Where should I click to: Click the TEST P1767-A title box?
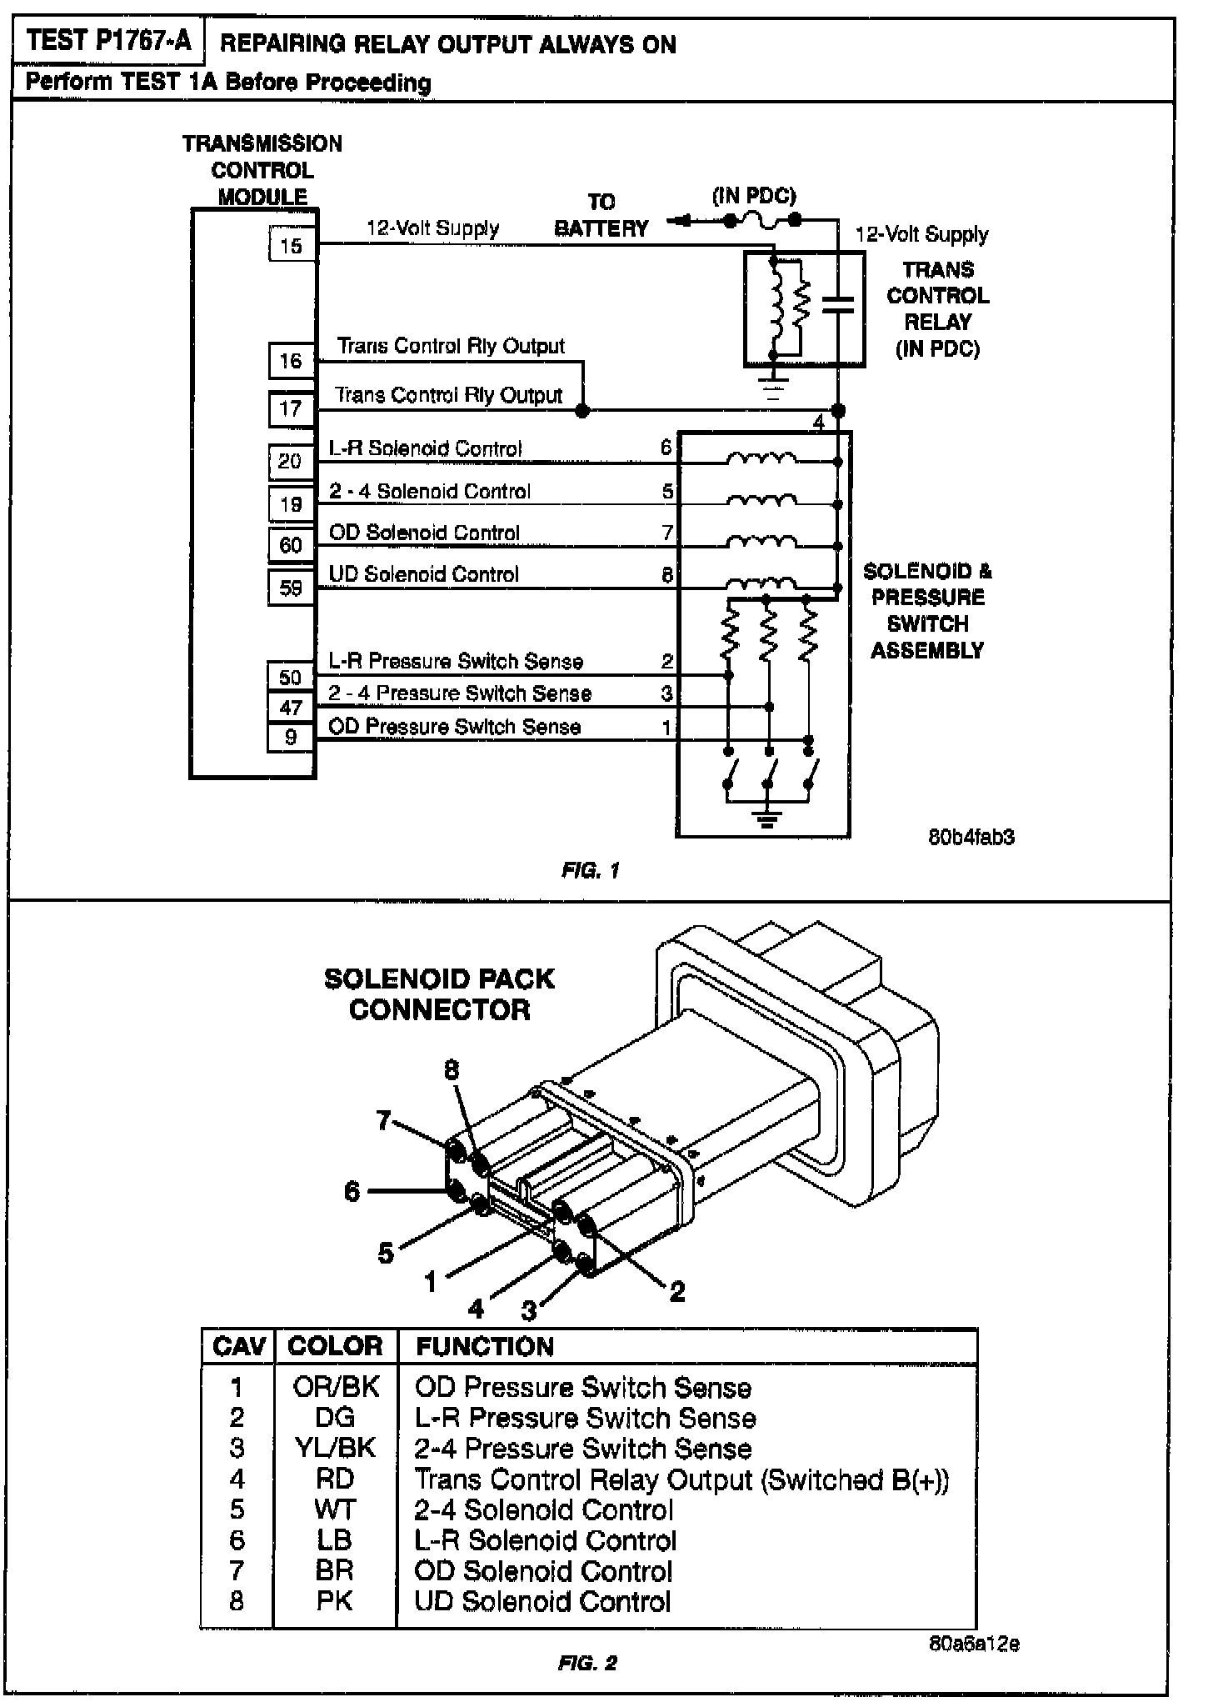(108, 41)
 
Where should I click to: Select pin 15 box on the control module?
(292, 246)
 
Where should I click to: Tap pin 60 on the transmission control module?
(291, 545)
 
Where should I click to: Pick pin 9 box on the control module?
(291, 738)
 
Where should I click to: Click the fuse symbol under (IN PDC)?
(762, 221)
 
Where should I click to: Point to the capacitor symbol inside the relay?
(838, 305)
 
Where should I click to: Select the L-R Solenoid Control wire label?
(425, 448)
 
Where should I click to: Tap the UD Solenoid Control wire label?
(423, 574)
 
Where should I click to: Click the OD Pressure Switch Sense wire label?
(454, 727)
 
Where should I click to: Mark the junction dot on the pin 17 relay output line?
(583, 410)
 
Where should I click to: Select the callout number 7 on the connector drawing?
(383, 1120)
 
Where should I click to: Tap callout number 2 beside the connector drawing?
(677, 1291)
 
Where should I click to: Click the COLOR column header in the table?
(335, 1346)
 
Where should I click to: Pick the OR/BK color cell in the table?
(336, 1387)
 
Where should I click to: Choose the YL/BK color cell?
(335, 1448)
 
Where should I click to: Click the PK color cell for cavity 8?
(335, 1600)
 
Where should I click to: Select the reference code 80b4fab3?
(971, 837)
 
